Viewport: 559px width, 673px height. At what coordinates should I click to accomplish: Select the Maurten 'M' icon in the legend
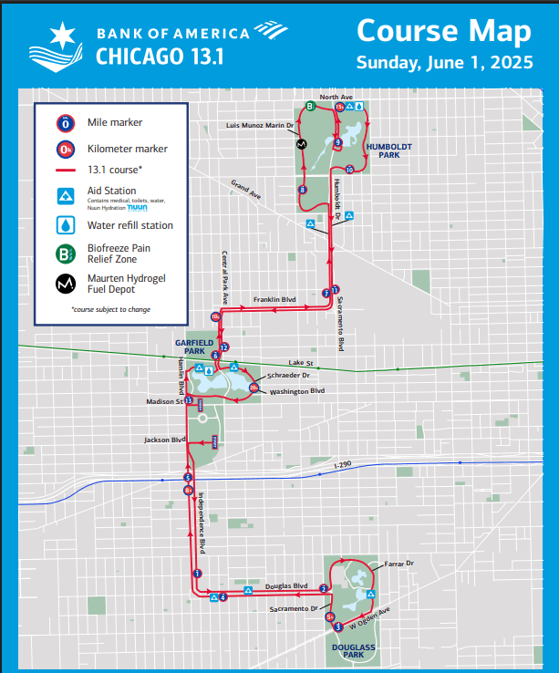(x=66, y=284)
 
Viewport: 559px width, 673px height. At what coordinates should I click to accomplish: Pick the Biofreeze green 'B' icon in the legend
(x=66, y=253)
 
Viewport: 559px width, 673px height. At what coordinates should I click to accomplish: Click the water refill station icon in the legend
(x=66, y=225)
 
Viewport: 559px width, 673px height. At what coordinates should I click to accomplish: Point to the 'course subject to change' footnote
(x=110, y=309)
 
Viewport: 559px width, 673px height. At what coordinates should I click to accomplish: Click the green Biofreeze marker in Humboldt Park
(x=310, y=106)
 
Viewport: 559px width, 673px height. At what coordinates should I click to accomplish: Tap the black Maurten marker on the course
(x=301, y=144)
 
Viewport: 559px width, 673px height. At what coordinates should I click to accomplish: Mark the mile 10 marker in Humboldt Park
(x=350, y=169)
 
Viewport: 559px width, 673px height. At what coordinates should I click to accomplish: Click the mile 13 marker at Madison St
(x=189, y=400)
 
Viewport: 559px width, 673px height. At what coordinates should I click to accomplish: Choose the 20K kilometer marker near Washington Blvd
(x=254, y=388)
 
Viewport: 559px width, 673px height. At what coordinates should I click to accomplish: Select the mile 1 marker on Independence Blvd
(x=197, y=573)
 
